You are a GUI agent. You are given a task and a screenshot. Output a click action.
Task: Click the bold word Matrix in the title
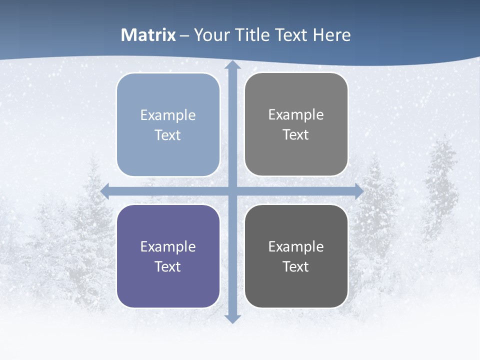(x=148, y=35)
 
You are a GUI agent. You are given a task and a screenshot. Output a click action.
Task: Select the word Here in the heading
(x=332, y=35)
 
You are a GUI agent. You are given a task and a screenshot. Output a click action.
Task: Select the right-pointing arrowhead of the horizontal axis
(x=358, y=191)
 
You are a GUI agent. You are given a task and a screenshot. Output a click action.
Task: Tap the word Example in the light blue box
(x=168, y=115)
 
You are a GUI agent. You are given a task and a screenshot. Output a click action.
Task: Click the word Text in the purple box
(x=168, y=266)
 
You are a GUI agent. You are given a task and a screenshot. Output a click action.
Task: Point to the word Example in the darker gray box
(x=296, y=246)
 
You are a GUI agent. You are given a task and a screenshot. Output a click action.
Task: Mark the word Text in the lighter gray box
(x=296, y=135)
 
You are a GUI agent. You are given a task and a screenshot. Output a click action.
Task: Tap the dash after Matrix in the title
(x=184, y=35)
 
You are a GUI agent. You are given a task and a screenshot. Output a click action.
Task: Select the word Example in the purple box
(x=168, y=246)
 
